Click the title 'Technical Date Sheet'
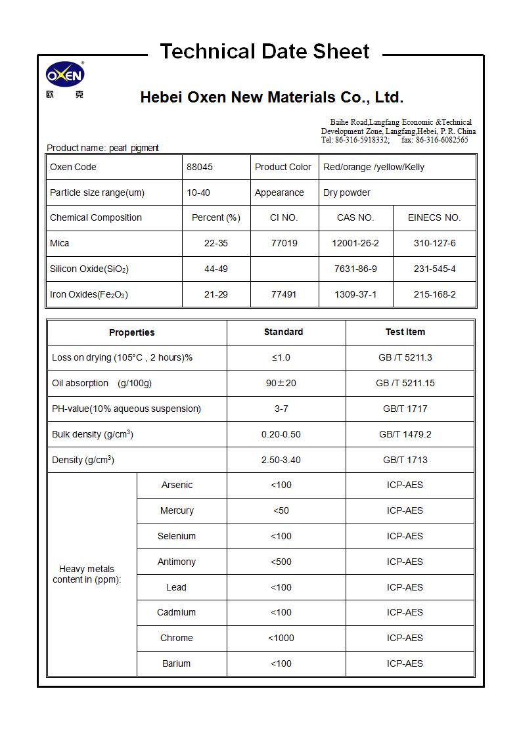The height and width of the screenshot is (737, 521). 265,51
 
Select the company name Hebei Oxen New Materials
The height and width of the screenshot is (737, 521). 271,98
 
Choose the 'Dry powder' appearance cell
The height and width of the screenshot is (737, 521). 347,192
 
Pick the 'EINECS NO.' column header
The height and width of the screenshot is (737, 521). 434,217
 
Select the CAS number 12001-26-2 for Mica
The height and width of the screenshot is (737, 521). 355,243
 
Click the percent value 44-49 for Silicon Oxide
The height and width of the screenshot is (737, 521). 216,269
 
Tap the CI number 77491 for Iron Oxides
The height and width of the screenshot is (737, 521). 284,294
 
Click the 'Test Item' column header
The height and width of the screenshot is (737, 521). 405,332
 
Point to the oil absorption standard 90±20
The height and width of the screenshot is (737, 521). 281,383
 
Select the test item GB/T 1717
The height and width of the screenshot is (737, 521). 405,409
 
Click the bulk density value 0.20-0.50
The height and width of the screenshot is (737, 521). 281,434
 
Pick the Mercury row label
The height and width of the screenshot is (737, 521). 177,510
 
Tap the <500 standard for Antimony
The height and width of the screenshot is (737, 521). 281,562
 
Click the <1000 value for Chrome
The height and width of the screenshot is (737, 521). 281,638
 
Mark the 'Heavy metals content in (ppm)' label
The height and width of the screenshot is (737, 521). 87,574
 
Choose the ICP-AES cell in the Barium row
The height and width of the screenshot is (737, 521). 405,663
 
